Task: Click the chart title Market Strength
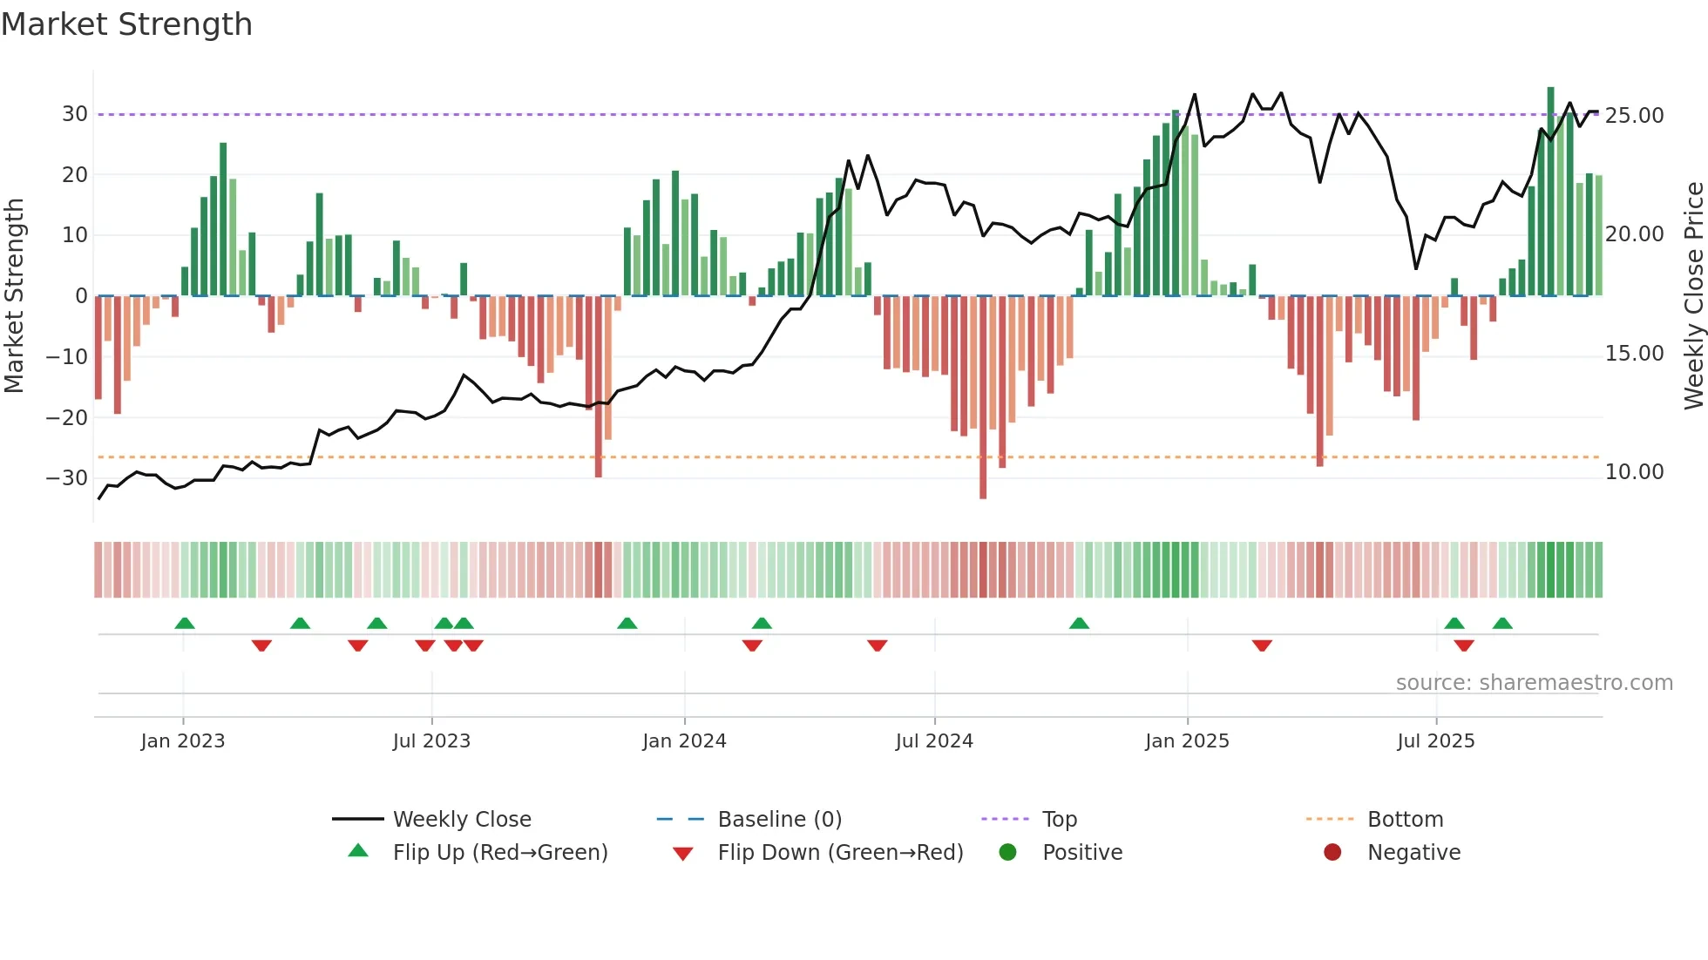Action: click(127, 24)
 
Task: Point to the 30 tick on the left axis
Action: click(74, 114)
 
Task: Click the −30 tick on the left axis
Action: click(67, 478)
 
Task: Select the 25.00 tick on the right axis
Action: click(1635, 116)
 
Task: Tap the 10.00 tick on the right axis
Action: click(1635, 472)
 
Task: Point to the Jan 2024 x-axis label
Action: click(684, 741)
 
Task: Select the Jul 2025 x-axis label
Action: click(1435, 741)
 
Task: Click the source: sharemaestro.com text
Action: click(1534, 683)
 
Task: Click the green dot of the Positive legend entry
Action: click(1008, 853)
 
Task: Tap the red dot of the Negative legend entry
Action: click(1332, 853)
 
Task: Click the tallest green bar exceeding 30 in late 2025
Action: click(1550, 192)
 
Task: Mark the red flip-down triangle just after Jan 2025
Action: click(1262, 646)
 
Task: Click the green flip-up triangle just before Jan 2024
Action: click(627, 623)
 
